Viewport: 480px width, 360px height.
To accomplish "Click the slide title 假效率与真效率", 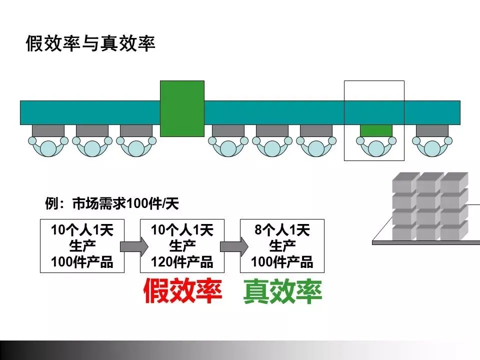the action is [90, 44].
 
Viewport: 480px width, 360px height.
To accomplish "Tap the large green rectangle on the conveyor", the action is [182, 108].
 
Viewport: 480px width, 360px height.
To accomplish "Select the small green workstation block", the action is [376, 130].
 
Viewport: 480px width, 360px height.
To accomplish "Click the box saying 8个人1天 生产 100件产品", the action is [282, 245].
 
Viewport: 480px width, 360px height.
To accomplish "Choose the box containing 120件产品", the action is [182, 245].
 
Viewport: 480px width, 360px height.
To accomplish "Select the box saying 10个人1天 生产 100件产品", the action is [82, 245].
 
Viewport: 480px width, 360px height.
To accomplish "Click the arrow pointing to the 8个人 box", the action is [233, 246].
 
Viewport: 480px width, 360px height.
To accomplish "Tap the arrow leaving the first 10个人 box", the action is [133, 246].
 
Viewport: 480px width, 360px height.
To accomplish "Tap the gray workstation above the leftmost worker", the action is [48, 130].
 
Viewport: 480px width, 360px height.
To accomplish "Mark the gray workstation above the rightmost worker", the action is [432, 130].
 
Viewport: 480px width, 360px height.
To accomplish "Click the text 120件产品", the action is [182, 261].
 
